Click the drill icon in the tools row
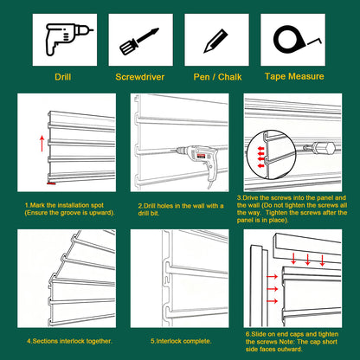(67, 39)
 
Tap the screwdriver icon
(139, 42)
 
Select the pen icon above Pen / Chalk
(215, 41)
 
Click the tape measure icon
(294, 38)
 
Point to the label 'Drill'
(63, 77)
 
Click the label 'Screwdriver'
(140, 77)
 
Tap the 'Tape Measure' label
(294, 76)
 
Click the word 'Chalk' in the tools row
(230, 77)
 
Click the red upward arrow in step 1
(42, 144)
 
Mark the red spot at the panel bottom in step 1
(51, 183)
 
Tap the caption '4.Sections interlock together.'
(69, 341)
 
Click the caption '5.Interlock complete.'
(181, 341)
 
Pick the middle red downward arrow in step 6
(307, 260)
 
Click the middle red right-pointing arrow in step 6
(272, 289)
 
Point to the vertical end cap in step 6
(259, 286)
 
